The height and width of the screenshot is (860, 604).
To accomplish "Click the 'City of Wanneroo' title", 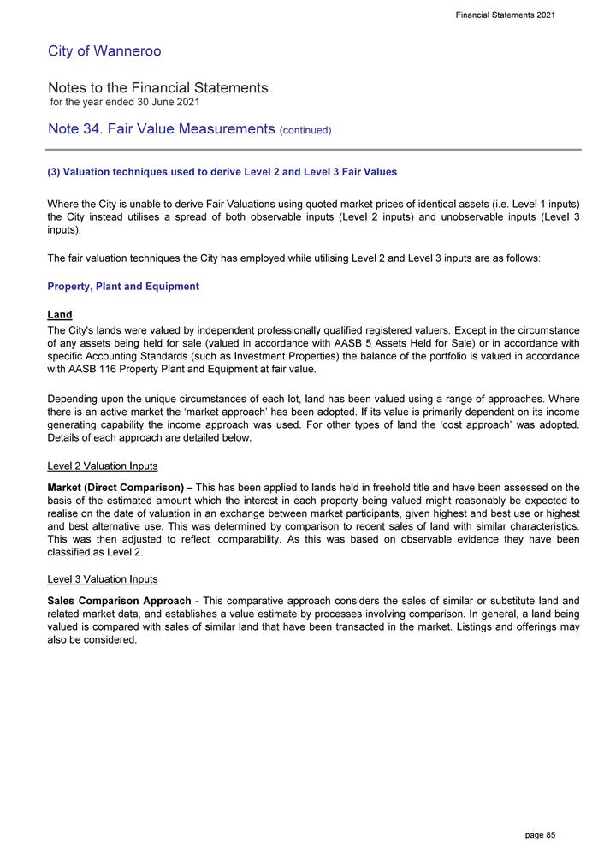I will [104, 51].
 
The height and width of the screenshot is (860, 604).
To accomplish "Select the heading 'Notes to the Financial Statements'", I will [158, 88].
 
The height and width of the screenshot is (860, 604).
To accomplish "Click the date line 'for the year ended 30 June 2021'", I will [124, 103].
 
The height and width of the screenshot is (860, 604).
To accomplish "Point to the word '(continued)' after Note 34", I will [305, 131].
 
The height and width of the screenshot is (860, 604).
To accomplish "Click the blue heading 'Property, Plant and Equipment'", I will [123, 287].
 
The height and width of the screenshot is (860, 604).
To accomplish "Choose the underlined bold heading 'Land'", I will [60, 315].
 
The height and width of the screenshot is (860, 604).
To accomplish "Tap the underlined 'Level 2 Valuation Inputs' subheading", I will [103, 466].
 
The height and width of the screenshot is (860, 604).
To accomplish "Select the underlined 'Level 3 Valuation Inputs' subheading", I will [103, 579].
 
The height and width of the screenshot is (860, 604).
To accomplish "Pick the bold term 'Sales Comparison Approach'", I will [120, 600].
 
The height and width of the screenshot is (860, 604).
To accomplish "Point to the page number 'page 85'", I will [540, 834].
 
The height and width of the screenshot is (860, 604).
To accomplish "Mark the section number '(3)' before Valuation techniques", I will [56, 172].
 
